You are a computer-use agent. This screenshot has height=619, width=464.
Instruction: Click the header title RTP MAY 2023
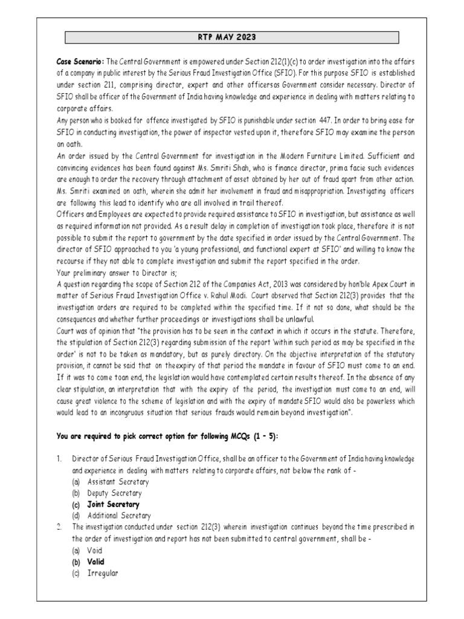pyautogui.click(x=231, y=37)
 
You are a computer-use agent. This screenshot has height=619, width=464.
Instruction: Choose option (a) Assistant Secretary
pyautogui.click(x=118, y=482)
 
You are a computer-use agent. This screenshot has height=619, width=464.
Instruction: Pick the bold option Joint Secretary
pyautogui.click(x=113, y=504)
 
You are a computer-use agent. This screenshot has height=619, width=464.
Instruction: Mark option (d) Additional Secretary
pyautogui.click(x=118, y=516)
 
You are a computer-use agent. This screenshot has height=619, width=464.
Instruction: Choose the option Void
pyautogui.click(x=95, y=550)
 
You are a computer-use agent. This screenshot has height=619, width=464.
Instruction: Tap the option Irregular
pyautogui.click(x=102, y=572)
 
